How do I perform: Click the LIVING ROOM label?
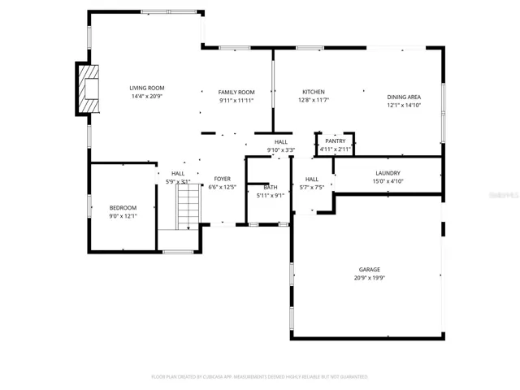pyautogui.click(x=147, y=88)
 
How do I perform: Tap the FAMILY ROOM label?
pyautogui.click(x=236, y=92)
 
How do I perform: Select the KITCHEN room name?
pyautogui.click(x=314, y=92)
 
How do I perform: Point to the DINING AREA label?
pyautogui.click(x=404, y=97)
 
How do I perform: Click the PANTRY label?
pyautogui.click(x=335, y=141)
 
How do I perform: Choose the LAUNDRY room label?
pyautogui.click(x=388, y=173)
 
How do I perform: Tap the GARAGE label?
pyautogui.click(x=370, y=270)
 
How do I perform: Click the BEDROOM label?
pyautogui.click(x=123, y=208)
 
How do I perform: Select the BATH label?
pyautogui.click(x=270, y=187)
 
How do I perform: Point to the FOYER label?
pyautogui.click(x=223, y=179)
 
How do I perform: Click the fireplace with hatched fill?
pyautogui.click(x=87, y=89)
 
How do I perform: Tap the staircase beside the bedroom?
pyautogui.click(x=188, y=207)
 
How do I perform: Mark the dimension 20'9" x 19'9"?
pyautogui.click(x=370, y=278)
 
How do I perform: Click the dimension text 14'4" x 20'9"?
pyautogui.click(x=147, y=97)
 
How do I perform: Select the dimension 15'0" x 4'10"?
pyautogui.click(x=388, y=181)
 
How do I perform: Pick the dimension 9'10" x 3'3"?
pyautogui.click(x=281, y=149)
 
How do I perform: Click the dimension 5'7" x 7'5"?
pyautogui.click(x=312, y=188)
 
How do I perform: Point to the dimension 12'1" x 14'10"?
pyautogui.click(x=404, y=106)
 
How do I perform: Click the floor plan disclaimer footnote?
pyautogui.click(x=260, y=376)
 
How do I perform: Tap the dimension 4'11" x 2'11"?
pyautogui.click(x=335, y=149)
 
